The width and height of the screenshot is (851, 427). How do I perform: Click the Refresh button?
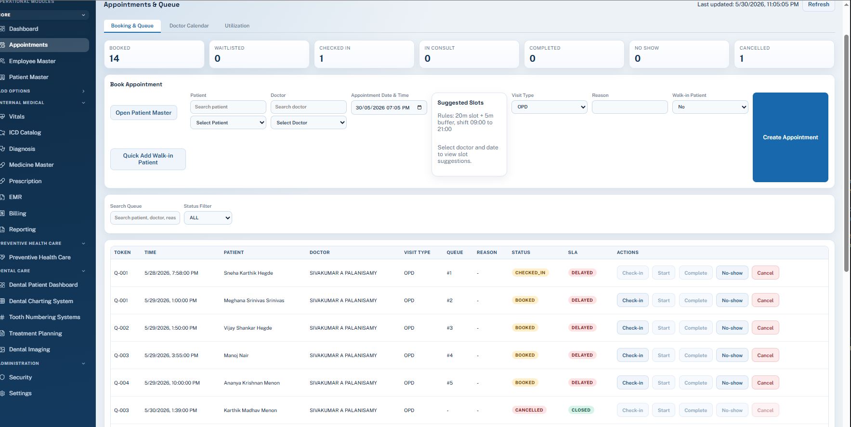point(818,4)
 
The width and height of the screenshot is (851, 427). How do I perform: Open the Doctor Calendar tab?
point(189,26)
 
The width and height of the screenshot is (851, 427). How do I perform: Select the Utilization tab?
point(237,26)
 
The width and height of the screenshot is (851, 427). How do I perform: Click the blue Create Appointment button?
point(790,137)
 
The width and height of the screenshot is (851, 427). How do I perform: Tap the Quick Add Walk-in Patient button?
point(148,159)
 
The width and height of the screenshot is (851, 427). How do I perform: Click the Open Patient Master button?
point(144,113)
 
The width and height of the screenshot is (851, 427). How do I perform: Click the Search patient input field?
point(228,107)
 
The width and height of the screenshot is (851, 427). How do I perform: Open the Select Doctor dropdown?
point(309,123)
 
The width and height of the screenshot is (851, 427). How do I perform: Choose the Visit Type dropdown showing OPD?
point(550,107)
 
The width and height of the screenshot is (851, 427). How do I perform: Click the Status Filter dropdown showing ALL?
point(208,218)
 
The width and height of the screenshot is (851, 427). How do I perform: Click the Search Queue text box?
point(145,218)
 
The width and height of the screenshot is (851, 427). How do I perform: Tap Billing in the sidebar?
point(18,213)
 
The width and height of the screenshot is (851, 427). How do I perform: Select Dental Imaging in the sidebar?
point(29,349)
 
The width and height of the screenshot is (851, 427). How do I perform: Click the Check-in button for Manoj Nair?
point(632,355)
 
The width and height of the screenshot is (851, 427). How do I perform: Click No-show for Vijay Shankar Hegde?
point(732,328)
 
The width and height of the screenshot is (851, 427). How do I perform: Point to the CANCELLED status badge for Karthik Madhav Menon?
point(529,410)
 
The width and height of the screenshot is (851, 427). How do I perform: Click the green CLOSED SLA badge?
point(581,410)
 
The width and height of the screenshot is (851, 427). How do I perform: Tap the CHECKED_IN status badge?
point(530,273)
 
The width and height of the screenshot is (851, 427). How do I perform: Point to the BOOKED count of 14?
point(114,58)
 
